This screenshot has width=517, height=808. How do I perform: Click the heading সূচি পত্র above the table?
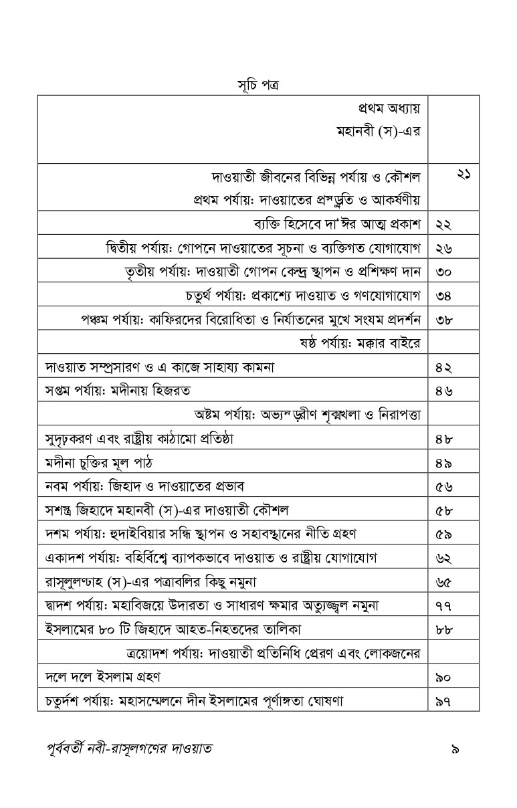click(x=258, y=86)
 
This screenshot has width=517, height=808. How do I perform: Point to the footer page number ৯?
click(x=455, y=748)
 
